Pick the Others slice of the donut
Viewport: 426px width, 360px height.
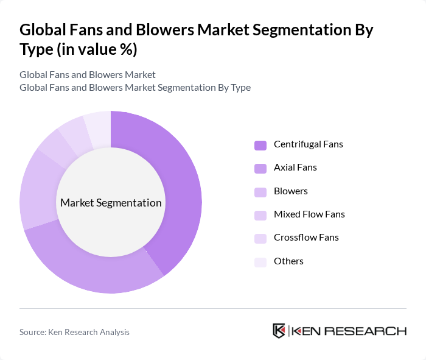click(98, 130)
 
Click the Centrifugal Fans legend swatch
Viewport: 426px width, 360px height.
click(260, 145)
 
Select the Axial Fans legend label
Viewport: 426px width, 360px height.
click(295, 168)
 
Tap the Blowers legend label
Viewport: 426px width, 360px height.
click(291, 191)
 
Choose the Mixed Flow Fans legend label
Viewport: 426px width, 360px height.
click(309, 214)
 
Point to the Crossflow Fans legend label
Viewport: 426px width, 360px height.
click(306, 238)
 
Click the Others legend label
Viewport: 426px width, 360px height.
click(288, 261)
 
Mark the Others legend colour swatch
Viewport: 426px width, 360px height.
click(260, 261)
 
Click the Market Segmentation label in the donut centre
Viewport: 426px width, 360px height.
click(111, 203)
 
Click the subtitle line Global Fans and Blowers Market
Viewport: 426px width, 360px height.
click(88, 74)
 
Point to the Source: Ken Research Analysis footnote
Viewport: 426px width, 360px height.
click(74, 332)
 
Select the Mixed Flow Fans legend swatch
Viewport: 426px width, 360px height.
click(260, 215)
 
